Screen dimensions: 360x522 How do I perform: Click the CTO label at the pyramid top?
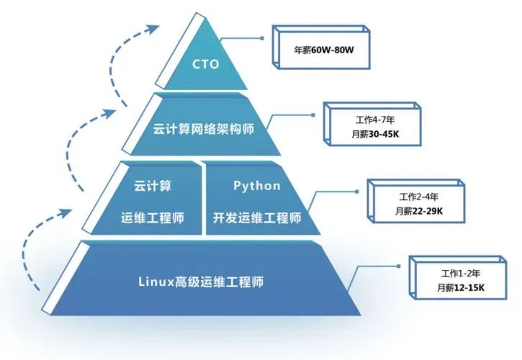(x=205, y=64)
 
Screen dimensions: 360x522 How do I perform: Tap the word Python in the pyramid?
(x=256, y=186)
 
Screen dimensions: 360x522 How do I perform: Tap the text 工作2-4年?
(x=418, y=197)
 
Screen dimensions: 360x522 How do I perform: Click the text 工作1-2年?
(x=461, y=275)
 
